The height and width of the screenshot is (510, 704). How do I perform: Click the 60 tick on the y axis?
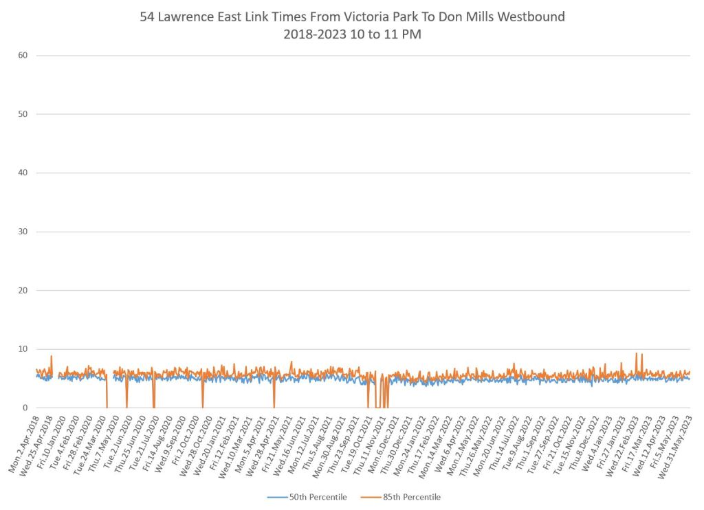pos(23,55)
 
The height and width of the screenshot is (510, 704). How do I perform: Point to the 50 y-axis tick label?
pos(23,114)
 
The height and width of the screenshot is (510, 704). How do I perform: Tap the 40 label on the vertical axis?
pos(23,173)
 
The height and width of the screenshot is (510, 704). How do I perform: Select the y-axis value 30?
pos(23,232)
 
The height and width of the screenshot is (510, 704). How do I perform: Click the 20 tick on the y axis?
pos(23,290)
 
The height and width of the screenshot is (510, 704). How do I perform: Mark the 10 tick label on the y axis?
pos(23,349)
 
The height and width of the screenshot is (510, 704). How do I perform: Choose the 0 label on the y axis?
pos(25,408)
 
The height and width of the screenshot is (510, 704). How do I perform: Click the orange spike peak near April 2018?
pos(52,356)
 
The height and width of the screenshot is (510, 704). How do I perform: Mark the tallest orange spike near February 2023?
pos(636,353)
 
